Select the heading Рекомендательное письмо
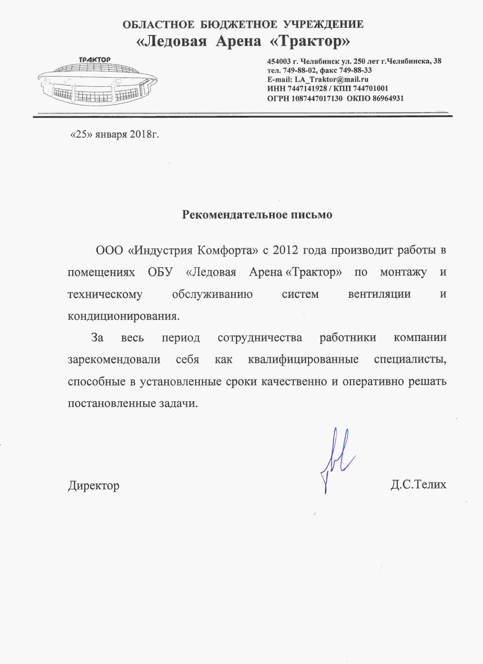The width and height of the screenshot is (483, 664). click(257, 215)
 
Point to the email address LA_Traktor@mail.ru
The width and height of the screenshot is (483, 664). click(331, 79)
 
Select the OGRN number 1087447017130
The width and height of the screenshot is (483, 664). click(317, 98)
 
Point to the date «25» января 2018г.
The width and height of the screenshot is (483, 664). click(115, 134)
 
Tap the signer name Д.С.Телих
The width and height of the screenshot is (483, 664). click(418, 485)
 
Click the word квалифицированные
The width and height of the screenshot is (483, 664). click(303, 359)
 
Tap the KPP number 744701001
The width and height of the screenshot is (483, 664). click(370, 88)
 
